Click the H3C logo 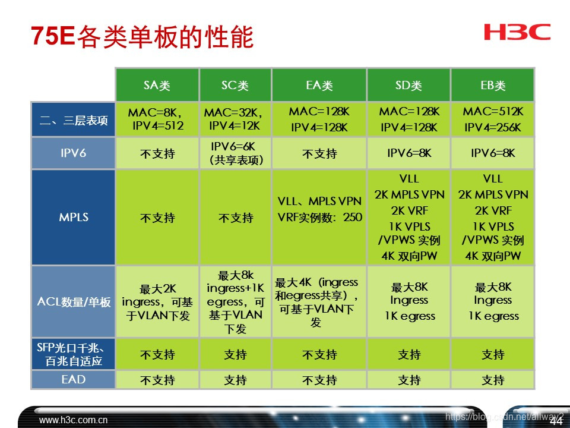tap(517, 32)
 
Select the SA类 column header tap(157, 86)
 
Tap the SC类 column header tap(235, 86)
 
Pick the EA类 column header tap(319, 86)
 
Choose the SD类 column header tap(408, 86)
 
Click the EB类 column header tap(492, 86)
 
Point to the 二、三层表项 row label tap(73, 120)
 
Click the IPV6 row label tap(73, 153)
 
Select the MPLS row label tap(73, 218)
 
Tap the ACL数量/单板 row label tap(73, 302)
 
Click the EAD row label tap(73, 379)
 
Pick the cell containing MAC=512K tap(492, 119)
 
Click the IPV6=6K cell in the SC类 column tap(235, 153)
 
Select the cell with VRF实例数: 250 tap(319, 210)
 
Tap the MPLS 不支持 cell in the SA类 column tap(157, 218)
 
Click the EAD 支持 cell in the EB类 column tap(492, 380)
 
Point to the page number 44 tap(556, 421)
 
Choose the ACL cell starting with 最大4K tap(319, 302)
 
